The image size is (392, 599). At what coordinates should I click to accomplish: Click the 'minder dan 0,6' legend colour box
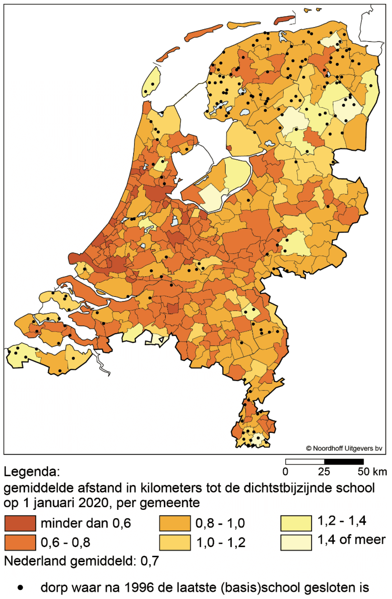click(x=20, y=523)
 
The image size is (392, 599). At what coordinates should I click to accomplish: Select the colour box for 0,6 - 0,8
click(x=20, y=542)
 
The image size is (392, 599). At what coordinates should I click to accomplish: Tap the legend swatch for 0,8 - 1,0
click(x=175, y=523)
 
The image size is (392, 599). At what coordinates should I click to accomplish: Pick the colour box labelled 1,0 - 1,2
click(x=175, y=542)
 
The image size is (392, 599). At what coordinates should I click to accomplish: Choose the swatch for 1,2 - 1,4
click(x=296, y=523)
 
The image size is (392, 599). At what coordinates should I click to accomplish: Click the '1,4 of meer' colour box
click(x=296, y=542)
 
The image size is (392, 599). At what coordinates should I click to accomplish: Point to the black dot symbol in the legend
click(x=21, y=587)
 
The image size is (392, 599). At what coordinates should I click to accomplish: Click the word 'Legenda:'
click(x=32, y=471)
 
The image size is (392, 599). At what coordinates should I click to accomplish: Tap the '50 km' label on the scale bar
click(x=372, y=471)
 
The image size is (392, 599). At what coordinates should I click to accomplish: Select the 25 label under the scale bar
click(x=324, y=471)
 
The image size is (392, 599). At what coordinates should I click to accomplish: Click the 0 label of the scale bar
click(x=286, y=471)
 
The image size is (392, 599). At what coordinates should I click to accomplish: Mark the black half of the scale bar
click(x=343, y=462)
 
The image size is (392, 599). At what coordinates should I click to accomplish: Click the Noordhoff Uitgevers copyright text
click(x=344, y=448)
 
